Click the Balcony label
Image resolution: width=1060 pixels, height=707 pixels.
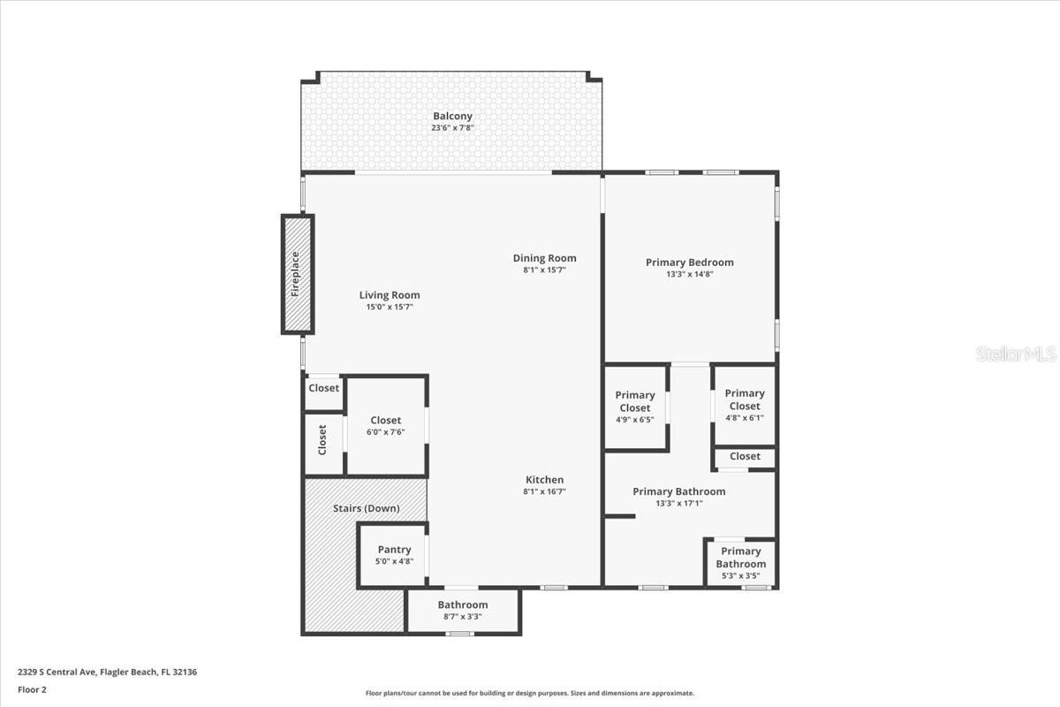coord(452,116)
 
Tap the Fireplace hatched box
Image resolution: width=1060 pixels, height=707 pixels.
coord(297,274)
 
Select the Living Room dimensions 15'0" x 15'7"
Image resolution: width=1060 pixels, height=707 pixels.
coord(390,307)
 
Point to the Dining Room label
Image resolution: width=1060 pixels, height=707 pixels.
coord(544,258)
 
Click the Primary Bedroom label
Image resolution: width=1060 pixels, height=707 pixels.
coord(689,262)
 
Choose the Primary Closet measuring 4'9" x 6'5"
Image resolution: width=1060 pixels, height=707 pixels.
coord(635,407)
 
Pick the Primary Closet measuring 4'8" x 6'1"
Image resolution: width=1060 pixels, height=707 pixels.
coord(745,405)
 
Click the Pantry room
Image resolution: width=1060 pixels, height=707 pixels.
coord(394,555)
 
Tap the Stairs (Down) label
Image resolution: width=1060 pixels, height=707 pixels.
coord(366,508)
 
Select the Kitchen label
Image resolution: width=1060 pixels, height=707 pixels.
coord(543,480)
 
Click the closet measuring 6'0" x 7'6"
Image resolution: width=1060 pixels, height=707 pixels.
coord(386,426)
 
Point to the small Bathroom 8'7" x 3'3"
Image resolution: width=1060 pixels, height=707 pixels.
coord(463,611)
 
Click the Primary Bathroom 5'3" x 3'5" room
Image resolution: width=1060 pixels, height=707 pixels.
coord(740,563)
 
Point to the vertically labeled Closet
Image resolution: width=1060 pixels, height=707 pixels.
coord(322,440)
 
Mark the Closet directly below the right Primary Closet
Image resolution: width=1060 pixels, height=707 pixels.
coord(745,457)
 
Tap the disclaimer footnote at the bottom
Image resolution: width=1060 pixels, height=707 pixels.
coord(530,694)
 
